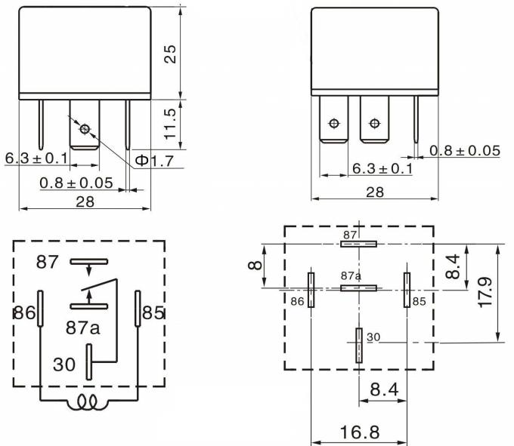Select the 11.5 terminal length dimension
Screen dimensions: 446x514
(x=170, y=122)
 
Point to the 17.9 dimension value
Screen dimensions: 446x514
(x=485, y=293)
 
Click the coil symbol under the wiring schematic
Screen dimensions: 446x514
(x=88, y=404)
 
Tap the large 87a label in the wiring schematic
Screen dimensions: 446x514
(x=83, y=329)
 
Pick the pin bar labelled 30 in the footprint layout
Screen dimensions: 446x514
(x=358, y=346)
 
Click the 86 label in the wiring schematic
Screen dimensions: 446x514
(x=25, y=312)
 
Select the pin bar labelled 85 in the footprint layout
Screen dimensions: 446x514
(x=406, y=290)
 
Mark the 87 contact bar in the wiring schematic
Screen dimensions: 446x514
(x=89, y=261)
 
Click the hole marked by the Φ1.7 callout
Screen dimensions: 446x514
(x=84, y=129)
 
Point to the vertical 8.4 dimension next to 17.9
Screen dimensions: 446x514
(x=452, y=267)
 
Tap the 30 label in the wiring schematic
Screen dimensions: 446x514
(x=65, y=364)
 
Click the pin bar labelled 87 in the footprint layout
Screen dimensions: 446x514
(x=358, y=244)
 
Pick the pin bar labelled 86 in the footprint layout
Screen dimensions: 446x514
(x=310, y=290)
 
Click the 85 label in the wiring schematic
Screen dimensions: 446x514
(x=153, y=312)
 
